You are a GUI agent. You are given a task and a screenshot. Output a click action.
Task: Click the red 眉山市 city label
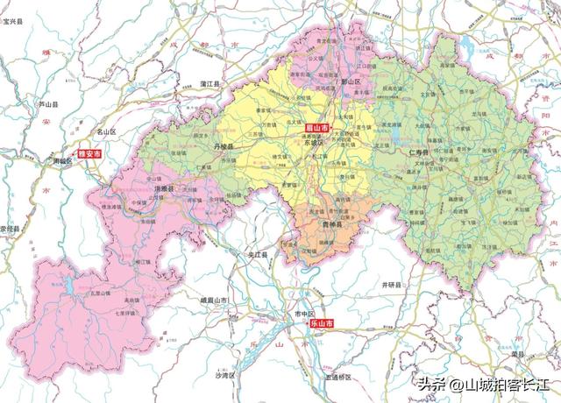(305, 128)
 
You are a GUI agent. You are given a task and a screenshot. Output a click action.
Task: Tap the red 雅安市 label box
(90, 153)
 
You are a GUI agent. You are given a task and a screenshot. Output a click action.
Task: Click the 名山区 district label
(106, 131)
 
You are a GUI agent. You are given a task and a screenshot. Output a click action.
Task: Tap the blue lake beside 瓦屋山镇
(62, 286)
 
